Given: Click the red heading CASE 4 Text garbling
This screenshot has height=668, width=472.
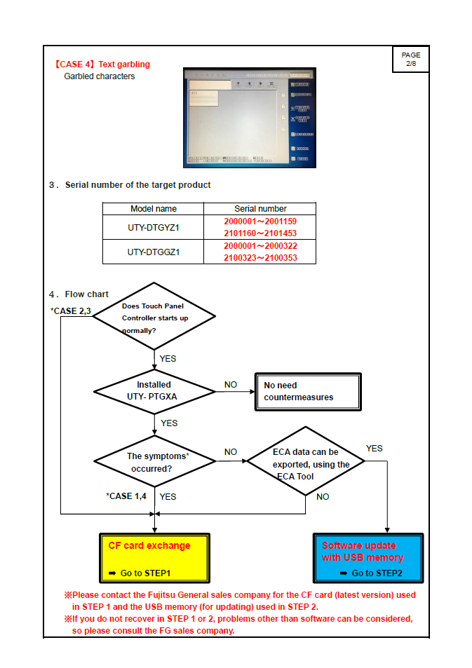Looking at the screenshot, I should (x=102, y=64).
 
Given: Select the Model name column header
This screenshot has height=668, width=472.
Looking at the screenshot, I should (x=154, y=209).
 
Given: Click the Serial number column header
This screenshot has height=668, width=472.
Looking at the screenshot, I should (x=260, y=209).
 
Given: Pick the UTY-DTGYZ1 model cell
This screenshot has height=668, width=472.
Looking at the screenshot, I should (x=154, y=227).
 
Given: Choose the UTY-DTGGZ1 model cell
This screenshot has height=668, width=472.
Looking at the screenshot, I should (x=154, y=252).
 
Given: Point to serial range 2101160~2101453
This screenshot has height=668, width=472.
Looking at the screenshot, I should (x=260, y=233).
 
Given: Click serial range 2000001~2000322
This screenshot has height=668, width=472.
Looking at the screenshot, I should (x=260, y=246).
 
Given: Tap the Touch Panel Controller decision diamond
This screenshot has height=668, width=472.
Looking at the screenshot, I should (x=154, y=318).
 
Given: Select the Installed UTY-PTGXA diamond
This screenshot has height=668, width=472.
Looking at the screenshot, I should (x=154, y=391).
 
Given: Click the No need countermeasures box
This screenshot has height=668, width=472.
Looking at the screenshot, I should (x=307, y=391).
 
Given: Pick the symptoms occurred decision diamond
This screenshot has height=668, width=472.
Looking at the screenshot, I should (x=154, y=461).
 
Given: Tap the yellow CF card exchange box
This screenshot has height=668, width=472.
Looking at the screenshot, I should (x=154, y=558).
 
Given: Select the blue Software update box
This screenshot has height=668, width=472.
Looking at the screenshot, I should (x=368, y=558).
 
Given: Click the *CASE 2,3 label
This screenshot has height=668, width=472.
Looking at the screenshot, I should (x=71, y=311).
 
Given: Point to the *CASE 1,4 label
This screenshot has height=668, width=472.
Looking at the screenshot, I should (x=126, y=496).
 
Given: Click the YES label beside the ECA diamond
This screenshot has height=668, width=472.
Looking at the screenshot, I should (x=375, y=449).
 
